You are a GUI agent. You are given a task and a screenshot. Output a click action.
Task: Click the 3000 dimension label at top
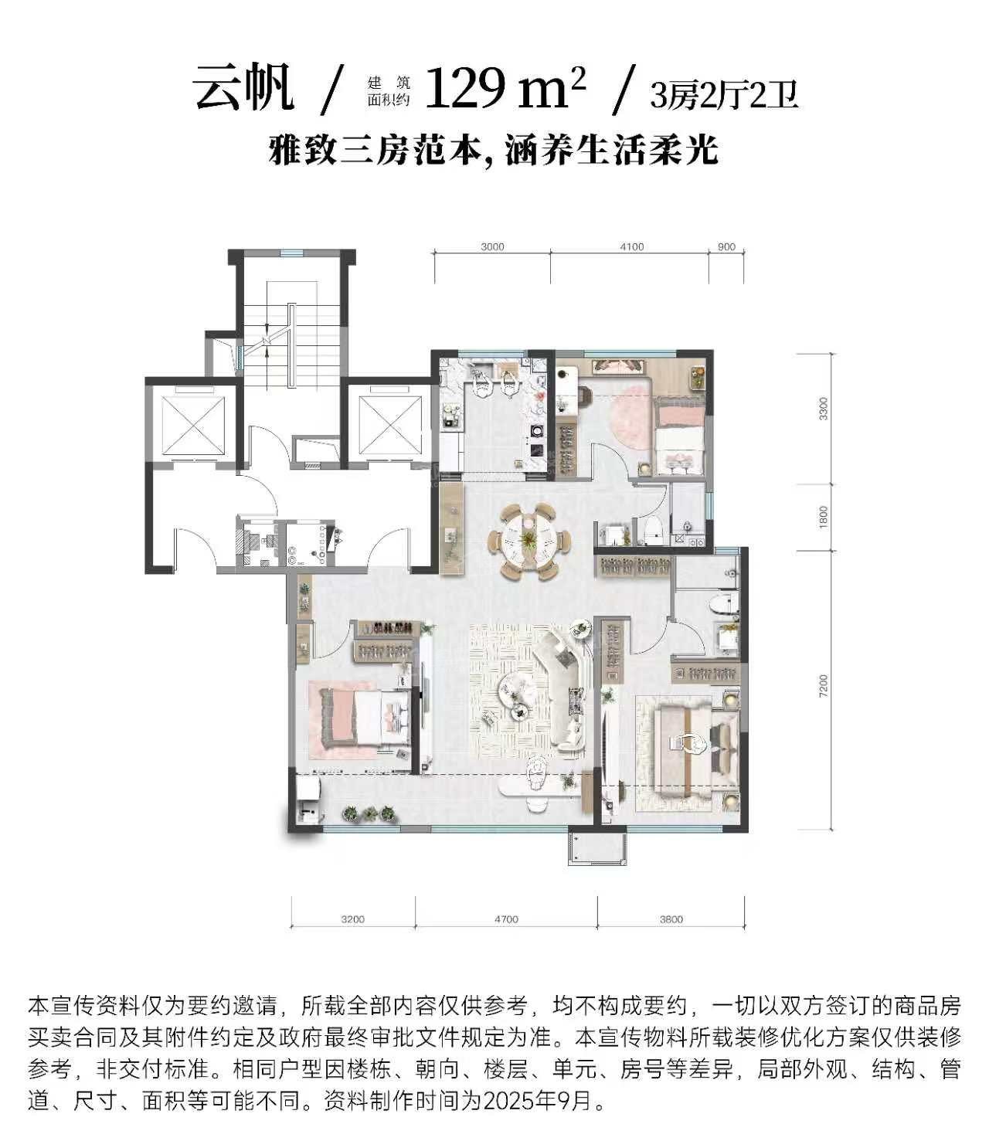pos(492,247)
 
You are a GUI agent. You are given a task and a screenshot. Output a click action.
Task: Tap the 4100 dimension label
pos(631,247)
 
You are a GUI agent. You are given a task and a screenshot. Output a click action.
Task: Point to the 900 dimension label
pos(726,247)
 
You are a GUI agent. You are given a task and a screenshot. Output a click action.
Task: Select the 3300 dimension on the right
pos(823,409)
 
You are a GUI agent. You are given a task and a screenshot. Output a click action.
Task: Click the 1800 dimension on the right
pos(823,517)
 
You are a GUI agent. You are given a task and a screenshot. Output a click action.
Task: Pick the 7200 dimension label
pos(823,686)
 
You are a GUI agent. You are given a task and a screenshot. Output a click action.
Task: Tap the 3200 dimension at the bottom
pos(353,919)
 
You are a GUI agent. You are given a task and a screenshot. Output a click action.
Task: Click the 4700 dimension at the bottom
pos(506,919)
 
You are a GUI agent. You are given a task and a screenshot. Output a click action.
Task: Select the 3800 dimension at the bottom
pos(671,919)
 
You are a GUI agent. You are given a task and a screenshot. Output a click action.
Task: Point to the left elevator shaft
pos(194,424)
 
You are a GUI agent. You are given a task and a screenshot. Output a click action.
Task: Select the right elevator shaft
pos(390,424)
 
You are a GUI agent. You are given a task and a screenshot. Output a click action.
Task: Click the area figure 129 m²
pos(505,87)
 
